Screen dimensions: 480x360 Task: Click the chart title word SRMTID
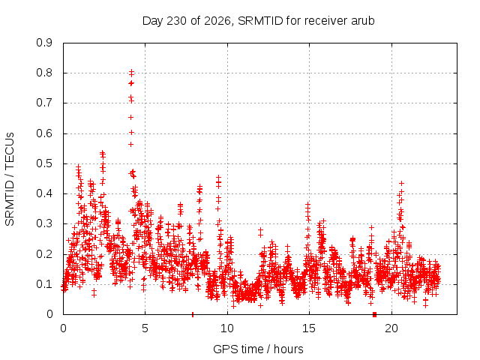click(260, 21)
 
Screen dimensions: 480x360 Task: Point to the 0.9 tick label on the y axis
click(44, 43)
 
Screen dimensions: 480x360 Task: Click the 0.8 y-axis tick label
click(44, 73)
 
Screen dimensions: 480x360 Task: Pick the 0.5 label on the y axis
click(44, 163)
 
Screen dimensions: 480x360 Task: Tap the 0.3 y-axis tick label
click(44, 223)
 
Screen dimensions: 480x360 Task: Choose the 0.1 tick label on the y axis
click(44, 284)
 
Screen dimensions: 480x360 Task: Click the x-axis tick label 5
click(145, 328)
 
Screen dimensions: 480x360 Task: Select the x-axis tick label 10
click(227, 328)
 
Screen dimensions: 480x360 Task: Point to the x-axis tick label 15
click(309, 328)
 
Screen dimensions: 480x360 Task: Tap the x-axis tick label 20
click(391, 328)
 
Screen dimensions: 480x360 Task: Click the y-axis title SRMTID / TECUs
click(10, 179)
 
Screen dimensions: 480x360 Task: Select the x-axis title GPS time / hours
click(258, 349)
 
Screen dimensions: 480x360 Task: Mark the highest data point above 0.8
click(132, 72)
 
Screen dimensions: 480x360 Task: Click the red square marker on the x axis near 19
click(374, 314)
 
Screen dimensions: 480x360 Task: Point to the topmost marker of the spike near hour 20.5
click(402, 183)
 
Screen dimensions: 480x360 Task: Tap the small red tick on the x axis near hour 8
click(193, 314)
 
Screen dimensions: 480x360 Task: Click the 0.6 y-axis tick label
click(44, 133)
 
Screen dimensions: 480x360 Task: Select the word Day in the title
click(152, 21)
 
